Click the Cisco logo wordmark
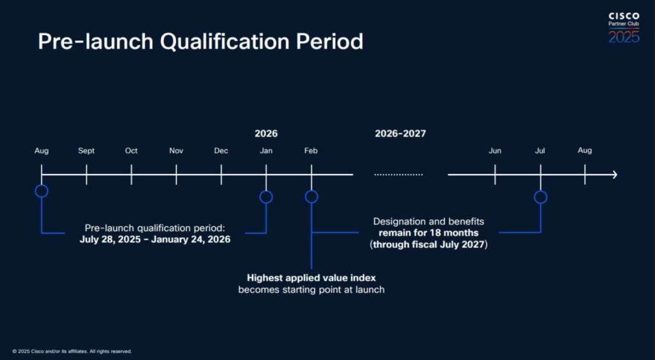(x=624, y=16)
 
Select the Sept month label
(x=86, y=151)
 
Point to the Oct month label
(x=131, y=151)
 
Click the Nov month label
(x=177, y=151)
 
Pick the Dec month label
(x=221, y=151)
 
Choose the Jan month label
(x=266, y=151)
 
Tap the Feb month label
(x=312, y=151)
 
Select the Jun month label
(x=495, y=151)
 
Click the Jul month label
(x=540, y=151)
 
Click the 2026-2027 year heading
(x=400, y=134)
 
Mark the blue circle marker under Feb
(x=312, y=191)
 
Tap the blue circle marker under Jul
(x=541, y=191)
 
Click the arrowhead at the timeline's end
(x=615, y=175)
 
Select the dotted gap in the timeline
(x=399, y=175)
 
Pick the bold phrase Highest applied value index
(x=312, y=278)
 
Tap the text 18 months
(x=457, y=233)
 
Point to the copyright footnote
(x=72, y=352)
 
